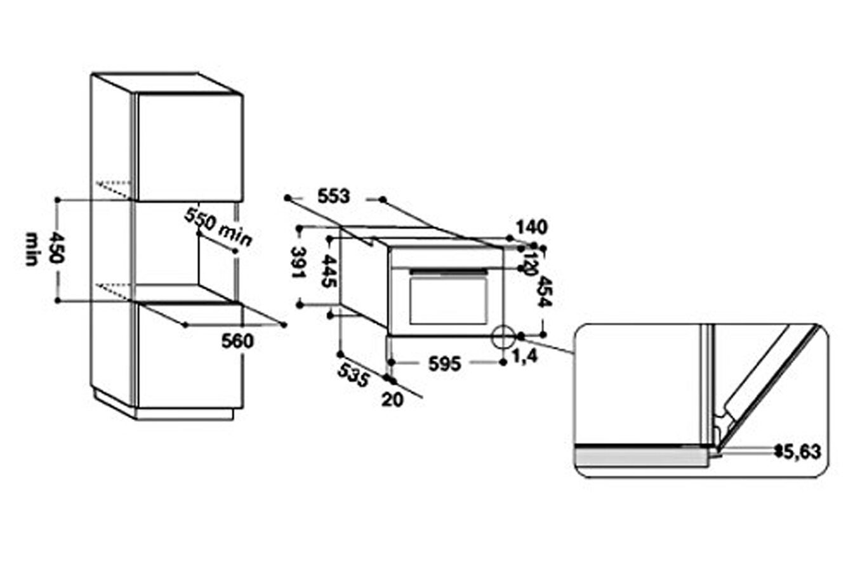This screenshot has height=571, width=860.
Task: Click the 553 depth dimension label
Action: click(334, 197)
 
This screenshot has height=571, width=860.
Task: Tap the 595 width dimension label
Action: click(444, 364)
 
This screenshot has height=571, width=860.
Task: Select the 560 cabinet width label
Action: click(237, 341)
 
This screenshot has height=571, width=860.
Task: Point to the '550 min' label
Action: click(218, 226)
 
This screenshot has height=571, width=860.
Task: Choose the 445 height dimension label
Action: click(328, 272)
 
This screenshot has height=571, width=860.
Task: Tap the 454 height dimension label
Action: click(544, 292)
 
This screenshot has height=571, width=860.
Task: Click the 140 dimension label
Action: click(531, 227)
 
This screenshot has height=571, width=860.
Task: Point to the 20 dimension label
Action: click(394, 400)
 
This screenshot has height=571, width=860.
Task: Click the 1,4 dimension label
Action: click(524, 357)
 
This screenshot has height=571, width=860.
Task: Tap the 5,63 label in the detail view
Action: click(802, 452)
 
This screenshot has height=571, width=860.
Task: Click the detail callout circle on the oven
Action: click(503, 336)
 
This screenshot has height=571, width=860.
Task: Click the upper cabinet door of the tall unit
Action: click(189, 147)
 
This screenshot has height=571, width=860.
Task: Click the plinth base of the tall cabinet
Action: click(184, 414)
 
